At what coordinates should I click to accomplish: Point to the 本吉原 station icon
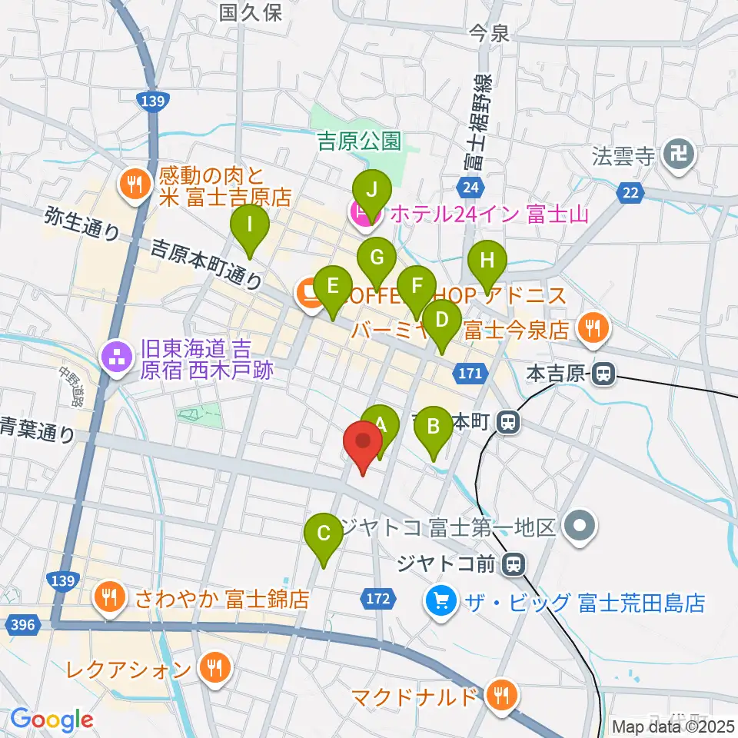point(604,374)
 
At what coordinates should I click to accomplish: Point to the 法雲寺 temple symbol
point(680,155)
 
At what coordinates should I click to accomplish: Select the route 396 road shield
point(24,624)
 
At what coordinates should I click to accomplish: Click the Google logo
point(52,720)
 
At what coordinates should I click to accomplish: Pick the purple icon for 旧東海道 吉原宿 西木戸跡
point(116,357)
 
